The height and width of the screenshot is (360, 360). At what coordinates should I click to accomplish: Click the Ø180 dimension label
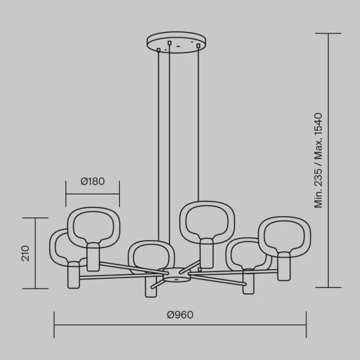(92, 181)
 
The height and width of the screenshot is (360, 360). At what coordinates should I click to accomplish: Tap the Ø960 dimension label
(180, 315)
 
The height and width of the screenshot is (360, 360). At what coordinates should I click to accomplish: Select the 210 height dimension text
(26, 253)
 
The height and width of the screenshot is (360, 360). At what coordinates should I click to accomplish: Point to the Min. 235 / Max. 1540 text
(318, 160)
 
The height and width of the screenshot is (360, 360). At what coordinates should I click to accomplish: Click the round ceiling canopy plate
(176, 43)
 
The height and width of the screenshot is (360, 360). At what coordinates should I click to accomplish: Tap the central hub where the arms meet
(177, 275)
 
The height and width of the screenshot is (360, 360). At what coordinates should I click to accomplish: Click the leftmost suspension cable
(158, 145)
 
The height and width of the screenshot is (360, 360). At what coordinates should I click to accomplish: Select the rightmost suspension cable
(198, 124)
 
